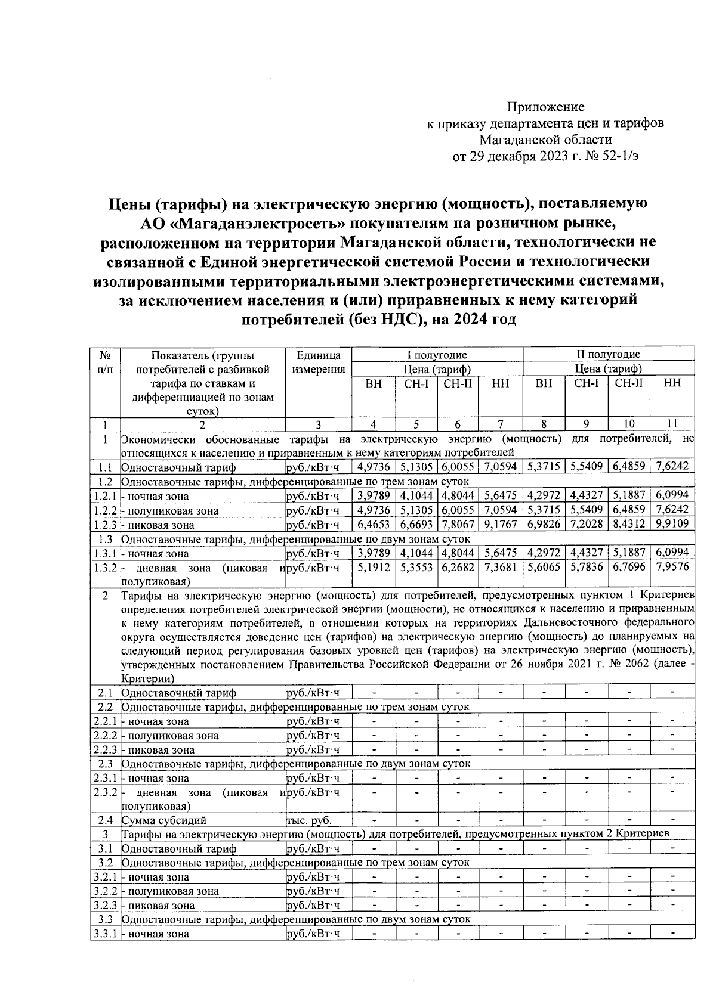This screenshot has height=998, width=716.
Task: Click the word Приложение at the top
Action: coord(545,107)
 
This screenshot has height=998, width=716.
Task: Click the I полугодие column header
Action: coord(437,355)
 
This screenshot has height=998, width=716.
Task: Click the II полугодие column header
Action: coord(608,355)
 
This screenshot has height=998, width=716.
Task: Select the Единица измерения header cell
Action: coord(319,362)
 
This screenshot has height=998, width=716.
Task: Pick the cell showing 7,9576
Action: coord(672,566)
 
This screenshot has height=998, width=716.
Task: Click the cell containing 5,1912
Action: coord(373,566)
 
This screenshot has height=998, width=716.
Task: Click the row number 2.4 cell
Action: coord(105,820)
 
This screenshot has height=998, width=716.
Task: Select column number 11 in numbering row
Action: coord(672,424)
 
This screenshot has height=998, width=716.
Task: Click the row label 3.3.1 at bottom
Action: coord(105,934)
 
